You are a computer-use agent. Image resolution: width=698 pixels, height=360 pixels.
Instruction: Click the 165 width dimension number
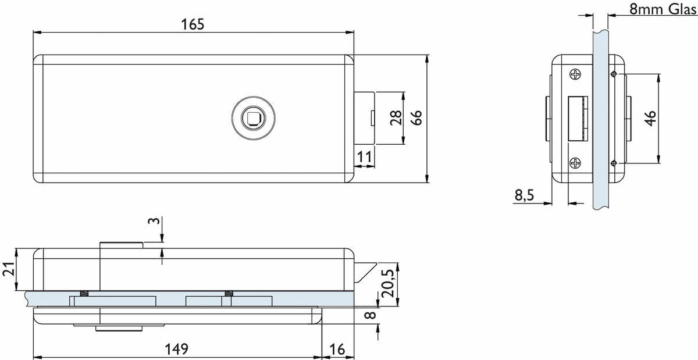tap(193, 24)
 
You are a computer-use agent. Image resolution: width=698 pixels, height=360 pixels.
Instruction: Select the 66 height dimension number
tap(416, 117)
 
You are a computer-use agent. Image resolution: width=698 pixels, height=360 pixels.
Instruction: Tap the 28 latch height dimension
tap(396, 117)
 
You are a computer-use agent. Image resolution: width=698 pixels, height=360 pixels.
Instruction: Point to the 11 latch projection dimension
tap(364, 156)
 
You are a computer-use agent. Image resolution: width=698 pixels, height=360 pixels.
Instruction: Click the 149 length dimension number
tap(176, 349)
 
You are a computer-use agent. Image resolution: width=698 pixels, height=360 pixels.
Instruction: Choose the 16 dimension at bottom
tap(337, 350)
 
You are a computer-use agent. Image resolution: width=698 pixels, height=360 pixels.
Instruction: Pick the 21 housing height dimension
tap(9, 269)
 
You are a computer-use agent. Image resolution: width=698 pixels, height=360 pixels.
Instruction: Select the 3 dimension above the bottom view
tap(154, 220)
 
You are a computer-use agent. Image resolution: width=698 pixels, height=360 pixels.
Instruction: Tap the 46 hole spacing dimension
tap(650, 119)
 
